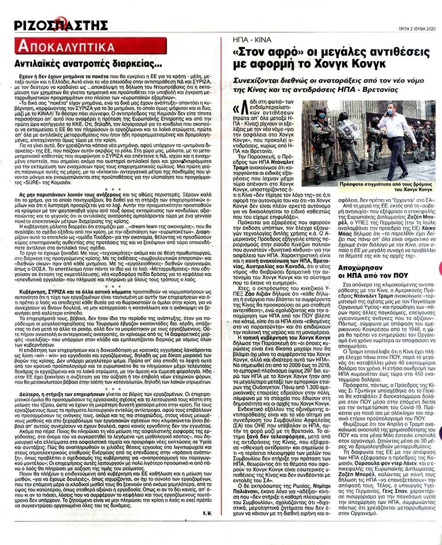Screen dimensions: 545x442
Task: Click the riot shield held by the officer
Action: pyautogui.click(x=349, y=128)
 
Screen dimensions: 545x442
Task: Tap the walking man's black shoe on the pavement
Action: pyautogui.click(x=404, y=174)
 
